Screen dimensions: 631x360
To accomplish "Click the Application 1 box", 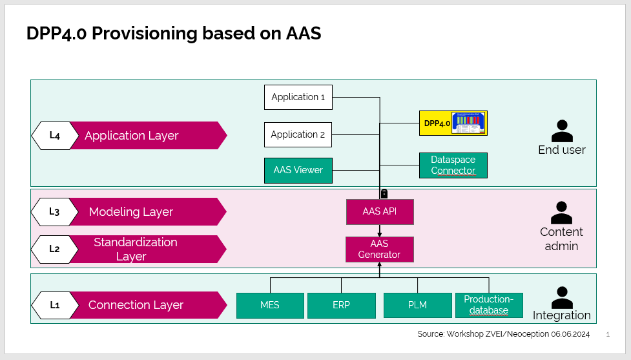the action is click(298, 97).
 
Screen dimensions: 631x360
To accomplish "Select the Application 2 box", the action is click(298, 134).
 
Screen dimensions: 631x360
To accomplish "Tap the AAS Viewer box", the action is click(298, 171).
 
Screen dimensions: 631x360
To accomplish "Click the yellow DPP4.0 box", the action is click(453, 123).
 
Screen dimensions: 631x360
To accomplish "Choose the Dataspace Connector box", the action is click(453, 165).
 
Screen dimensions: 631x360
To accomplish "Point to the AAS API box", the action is click(380, 212).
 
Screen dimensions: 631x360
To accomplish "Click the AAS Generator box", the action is click(380, 249).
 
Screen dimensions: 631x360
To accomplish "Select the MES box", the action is click(270, 305).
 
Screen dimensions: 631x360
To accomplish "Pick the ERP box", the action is click(341, 305).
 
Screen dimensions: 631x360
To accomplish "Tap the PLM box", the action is click(417, 305).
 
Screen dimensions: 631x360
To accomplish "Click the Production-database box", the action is click(489, 305).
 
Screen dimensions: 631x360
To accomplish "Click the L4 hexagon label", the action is click(55, 136).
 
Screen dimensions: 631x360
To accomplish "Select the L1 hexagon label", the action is click(55, 305).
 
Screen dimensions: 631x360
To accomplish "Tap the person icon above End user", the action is click(562, 131).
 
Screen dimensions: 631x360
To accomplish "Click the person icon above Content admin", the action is click(561, 213).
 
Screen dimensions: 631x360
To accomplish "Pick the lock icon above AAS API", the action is click(384, 194).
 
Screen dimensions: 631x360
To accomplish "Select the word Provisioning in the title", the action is click(145, 34).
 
